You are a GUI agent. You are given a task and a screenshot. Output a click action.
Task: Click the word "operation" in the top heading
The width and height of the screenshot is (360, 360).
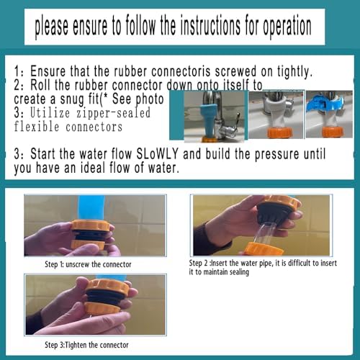287,27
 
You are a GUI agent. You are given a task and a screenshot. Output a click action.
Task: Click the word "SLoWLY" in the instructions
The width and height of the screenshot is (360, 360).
157,154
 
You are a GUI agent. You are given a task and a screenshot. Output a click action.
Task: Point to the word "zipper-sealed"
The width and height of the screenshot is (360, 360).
113,113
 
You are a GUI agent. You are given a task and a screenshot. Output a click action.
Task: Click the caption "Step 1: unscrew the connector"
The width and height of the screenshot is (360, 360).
88,264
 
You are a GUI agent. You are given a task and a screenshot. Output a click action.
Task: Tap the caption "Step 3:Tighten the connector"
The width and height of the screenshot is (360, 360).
86,345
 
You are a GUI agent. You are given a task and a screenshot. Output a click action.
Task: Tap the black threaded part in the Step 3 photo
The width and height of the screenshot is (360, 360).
105,297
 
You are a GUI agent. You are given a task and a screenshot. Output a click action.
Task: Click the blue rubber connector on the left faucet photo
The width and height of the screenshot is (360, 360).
208,120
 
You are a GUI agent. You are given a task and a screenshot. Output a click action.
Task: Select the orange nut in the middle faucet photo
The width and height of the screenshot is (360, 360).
280,133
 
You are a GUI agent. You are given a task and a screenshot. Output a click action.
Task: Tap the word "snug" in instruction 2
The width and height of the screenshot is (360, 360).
73,99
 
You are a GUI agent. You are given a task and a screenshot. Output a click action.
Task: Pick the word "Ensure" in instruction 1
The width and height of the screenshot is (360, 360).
48,71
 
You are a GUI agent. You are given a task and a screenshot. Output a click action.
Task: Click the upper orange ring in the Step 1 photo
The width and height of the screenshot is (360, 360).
91,225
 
